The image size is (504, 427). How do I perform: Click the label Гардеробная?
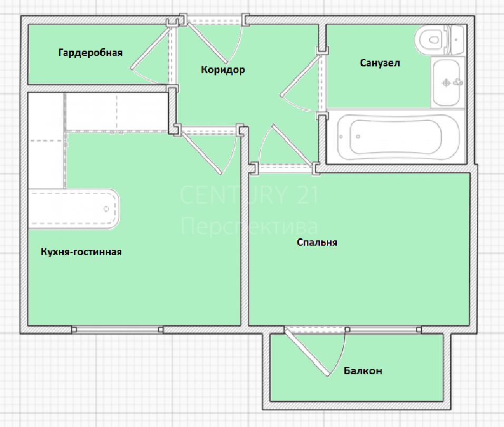(x=90, y=53)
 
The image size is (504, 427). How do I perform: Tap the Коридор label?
(x=223, y=70)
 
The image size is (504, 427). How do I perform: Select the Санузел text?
(x=380, y=63)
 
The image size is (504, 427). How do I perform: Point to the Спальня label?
(x=317, y=242)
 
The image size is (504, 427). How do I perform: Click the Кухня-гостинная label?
(x=81, y=251)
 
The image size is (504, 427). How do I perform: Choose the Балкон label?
(x=363, y=371)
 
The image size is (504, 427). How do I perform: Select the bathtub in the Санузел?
(x=398, y=137)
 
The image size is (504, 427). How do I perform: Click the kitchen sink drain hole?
(x=106, y=209)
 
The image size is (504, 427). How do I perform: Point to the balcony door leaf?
(x=307, y=352)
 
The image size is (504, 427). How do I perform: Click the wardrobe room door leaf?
(x=150, y=47)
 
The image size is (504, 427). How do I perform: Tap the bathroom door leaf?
(x=300, y=75)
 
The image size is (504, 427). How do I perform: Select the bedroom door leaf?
(x=293, y=145)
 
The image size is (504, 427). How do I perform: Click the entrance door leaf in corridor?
(x=207, y=42)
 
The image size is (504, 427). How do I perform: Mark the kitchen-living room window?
(x=118, y=329)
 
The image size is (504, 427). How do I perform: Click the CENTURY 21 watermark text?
(x=249, y=195)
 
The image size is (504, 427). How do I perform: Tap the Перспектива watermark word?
(x=249, y=226)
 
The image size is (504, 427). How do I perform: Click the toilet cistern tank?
(x=457, y=40)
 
